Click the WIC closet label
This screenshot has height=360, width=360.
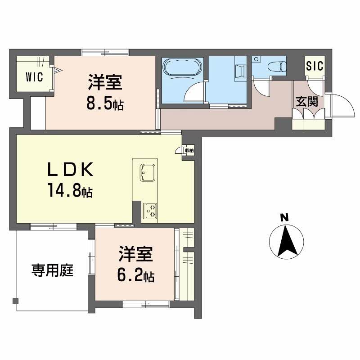(x=35, y=76)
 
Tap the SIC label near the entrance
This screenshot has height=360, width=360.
(x=315, y=65)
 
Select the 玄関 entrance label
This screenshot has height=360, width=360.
(x=308, y=101)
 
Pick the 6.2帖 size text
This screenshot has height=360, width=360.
(x=135, y=276)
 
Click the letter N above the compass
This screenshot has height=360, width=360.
(x=284, y=217)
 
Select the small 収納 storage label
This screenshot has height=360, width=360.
(x=189, y=150)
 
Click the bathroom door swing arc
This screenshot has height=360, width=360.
(x=193, y=93)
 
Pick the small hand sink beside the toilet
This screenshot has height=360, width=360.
(x=256, y=59)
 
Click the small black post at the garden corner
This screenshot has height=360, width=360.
(x=16, y=301)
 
